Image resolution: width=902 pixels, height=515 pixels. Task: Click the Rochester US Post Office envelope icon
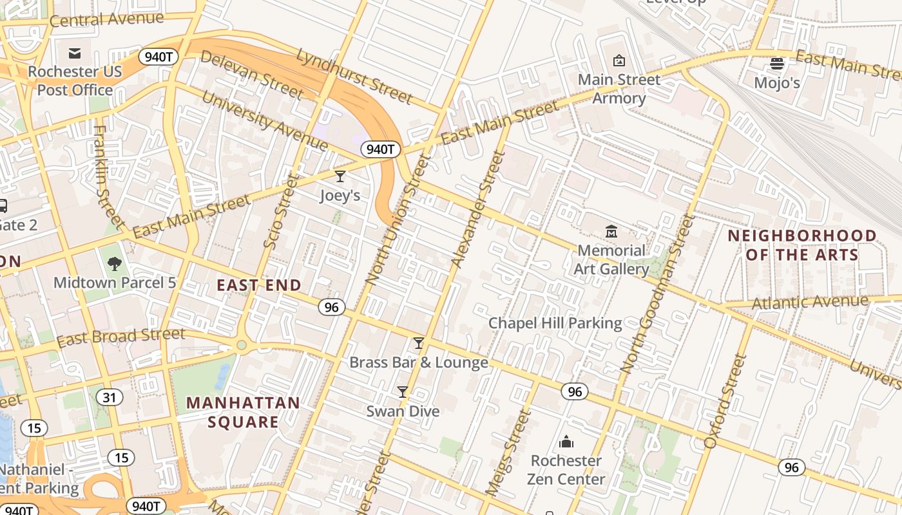(x=75, y=53)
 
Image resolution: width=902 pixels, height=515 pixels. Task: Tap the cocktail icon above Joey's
(x=340, y=176)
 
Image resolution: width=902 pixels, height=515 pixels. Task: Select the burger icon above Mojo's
(x=777, y=64)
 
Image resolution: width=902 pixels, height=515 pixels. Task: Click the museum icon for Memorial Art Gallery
(x=611, y=231)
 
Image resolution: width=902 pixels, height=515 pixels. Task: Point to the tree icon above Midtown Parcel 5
(x=115, y=263)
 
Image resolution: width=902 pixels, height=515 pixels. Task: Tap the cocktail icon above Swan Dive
(x=403, y=391)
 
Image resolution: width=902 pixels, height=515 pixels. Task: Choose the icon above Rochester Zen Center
(x=566, y=442)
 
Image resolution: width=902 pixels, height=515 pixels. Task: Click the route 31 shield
(x=110, y=397)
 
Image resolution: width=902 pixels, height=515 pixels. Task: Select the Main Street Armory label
(x=619, y=89)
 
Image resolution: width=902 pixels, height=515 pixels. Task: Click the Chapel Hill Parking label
(x=555, y=323)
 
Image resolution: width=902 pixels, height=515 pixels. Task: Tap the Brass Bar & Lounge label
(x=418, y=362)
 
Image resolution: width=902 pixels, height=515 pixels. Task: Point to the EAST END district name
(x=259, y=285)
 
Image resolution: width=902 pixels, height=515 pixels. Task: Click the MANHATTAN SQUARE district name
(x=243, y=413)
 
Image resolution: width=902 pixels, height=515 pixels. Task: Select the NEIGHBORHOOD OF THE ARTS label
(x=802, y=245)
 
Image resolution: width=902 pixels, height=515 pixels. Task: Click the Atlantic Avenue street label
(x=810, y=302)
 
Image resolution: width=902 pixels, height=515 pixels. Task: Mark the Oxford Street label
(x=725, y=400)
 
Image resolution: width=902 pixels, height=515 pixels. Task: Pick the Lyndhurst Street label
(x=354, y=76)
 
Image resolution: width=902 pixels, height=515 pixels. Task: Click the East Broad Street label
(x=120, y=337)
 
